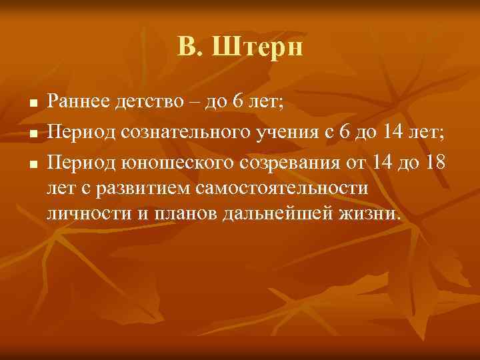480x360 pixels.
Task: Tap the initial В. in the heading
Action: coord(189,47)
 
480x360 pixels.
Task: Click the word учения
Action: coord(282,131)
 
